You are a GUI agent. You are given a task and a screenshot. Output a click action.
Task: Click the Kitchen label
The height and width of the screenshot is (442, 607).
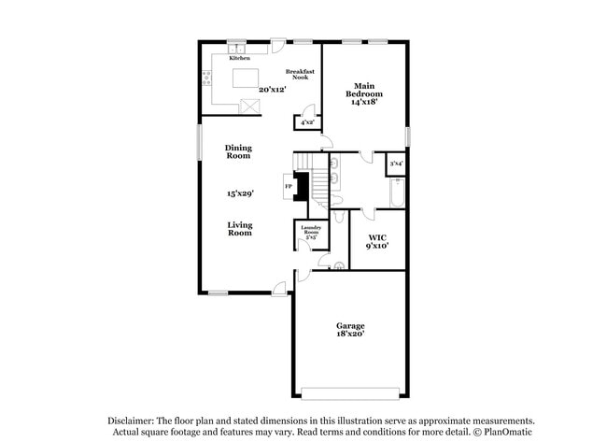tap(239, 57)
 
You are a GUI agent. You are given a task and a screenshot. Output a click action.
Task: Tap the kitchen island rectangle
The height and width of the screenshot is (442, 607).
tap(245, 75)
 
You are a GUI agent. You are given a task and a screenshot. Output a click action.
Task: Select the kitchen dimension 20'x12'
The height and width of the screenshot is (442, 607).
tap(272, 90)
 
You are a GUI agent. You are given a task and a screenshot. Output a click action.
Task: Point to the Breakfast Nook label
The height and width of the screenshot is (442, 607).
tap(298, 75)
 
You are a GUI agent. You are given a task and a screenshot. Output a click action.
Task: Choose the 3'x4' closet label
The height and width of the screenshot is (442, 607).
tap(396, 164)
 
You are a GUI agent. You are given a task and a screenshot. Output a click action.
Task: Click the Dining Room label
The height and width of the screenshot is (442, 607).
tap(239, 152)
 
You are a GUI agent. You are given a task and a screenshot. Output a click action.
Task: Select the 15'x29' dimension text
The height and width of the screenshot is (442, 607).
tap(240, 193)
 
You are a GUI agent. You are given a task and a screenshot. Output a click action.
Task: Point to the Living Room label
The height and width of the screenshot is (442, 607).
tap(240, 229)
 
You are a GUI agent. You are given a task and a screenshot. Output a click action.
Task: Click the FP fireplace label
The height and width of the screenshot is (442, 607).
tap(288, 186)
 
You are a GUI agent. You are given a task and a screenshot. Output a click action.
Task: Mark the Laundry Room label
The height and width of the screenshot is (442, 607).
tap(310, 233)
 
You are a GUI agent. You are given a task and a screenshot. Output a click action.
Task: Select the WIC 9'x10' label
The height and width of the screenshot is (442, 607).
tap(377, 241)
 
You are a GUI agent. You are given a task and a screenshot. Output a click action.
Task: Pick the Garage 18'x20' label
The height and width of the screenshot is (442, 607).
tap(350, 329)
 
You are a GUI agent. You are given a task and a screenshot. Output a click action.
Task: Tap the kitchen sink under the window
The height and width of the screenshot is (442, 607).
tap(237, 48)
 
